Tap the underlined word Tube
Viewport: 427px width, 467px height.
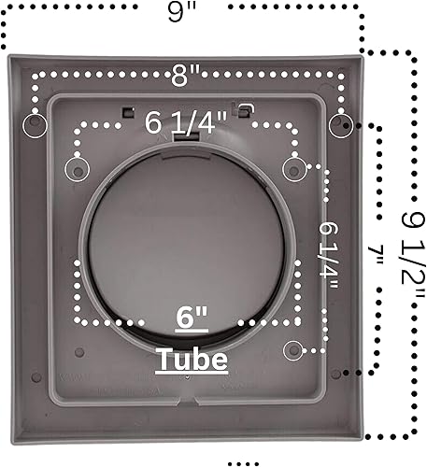pyautogui.click(x=192, y=359)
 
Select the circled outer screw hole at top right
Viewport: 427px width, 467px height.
pyautogui.click(x=341, y=124)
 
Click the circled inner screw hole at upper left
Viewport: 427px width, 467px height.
pyautogui.click(x=74, y=167)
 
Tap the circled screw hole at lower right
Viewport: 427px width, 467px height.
pyautogui.click(x=294, y=349)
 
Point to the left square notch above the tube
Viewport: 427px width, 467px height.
pyautogui.click(x=126, y=111)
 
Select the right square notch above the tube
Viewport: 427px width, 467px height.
pyautogui.click(x=245, y=110)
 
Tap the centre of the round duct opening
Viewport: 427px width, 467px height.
pyautogui.click(x=186, y=248)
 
